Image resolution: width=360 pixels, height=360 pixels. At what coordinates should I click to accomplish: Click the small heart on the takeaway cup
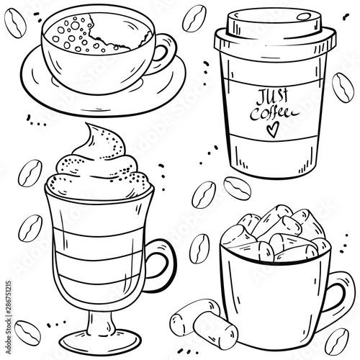coord(273,130)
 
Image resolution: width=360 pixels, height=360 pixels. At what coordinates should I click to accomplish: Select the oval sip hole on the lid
coord(304,17)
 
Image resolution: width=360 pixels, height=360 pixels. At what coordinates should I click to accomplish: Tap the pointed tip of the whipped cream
coord(88,125)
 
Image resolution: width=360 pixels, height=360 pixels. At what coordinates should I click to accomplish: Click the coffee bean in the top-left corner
coord(15,23)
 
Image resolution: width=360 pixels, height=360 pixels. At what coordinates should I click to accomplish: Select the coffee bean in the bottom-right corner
coord(337,342)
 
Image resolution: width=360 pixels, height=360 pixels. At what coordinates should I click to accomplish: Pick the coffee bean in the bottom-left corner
coord(27,333)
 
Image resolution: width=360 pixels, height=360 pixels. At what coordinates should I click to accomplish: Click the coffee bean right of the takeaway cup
coord(343,87)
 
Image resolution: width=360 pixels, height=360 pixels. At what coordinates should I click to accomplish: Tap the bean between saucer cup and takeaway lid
coord(194,19)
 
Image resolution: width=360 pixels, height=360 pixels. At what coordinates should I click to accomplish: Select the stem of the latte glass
coord(100,322)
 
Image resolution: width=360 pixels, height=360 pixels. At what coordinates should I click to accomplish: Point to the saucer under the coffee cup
coord(103,94)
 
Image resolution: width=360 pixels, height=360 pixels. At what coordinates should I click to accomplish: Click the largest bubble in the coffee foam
coord(75,25)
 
